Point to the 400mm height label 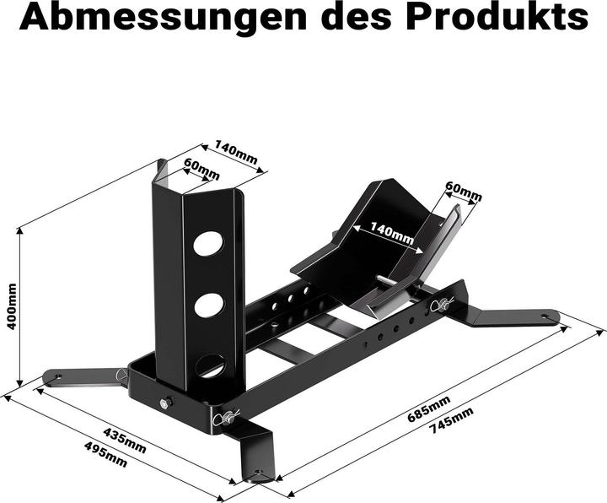(x=11, y=307)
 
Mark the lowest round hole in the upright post (x=209, y=365)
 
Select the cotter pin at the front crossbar (x=228, y=416)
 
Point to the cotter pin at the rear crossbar (x=439, y=305)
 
